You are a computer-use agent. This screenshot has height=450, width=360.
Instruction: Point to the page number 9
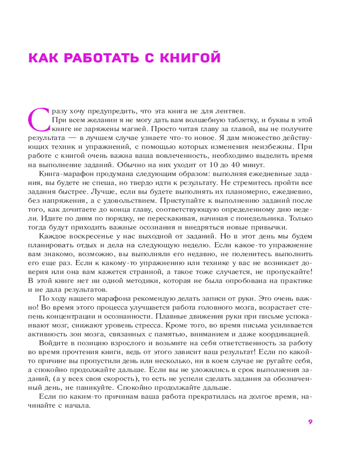tap(310, 422)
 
